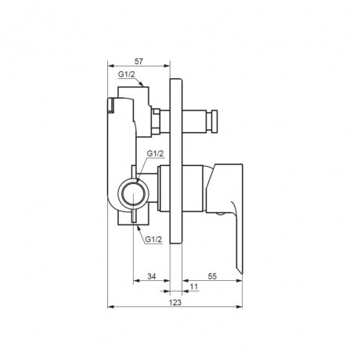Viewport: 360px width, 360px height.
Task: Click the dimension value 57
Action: click(139, 62)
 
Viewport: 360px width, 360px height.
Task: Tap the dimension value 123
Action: click(175, 303)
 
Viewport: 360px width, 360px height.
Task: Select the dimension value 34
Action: click(152, 276)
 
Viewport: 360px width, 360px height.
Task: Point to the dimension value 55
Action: click(213, 276)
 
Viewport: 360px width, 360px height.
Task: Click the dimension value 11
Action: click(194, 286)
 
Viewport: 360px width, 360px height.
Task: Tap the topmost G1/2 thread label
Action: click(127, 74)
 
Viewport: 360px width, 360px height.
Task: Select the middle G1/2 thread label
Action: click(155, 153)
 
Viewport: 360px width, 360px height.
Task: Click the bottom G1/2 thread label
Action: click(153, 239)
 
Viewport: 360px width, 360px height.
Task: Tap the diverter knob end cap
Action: click(214, 122)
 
